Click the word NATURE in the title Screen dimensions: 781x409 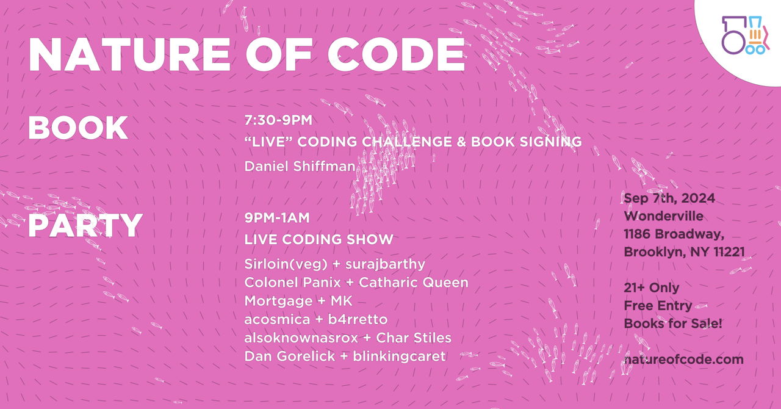pos(129,54)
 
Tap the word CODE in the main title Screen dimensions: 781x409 pos(396,54)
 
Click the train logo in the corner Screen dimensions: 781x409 pos(746,35)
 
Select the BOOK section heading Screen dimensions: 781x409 pos(78,128)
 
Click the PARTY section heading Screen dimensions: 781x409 pos(85,225)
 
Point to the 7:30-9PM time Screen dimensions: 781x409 pos(278,120)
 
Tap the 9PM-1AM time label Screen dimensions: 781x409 pos(277,218)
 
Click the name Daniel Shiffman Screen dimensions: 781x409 pos(300,166)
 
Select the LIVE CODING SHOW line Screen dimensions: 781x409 pos(319,239)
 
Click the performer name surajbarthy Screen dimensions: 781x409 pos(385,264)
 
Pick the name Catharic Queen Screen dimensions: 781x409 pos(414,282)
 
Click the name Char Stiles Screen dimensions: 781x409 pos(414,338)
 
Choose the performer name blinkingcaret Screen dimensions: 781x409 pos(399,357)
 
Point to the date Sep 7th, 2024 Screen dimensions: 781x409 pos(669,198)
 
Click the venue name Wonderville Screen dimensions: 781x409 pos(663,216)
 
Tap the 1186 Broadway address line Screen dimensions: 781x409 pos(674,234)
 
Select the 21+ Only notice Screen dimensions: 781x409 pos(652,288)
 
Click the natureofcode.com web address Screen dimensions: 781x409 pos(684,360)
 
